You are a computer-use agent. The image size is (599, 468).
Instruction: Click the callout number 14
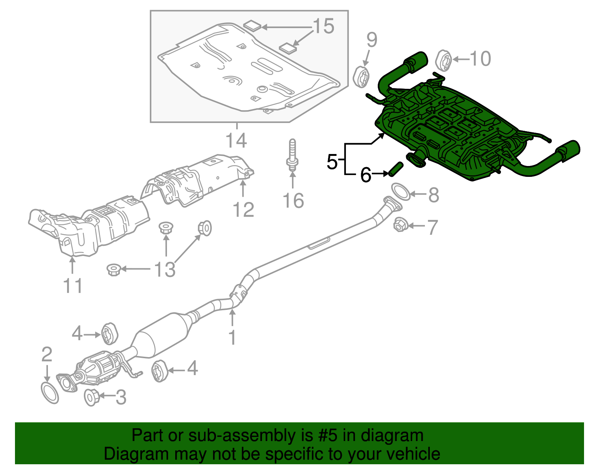[x=236, y=141]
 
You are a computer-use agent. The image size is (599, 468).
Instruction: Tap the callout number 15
[x=323, y=27]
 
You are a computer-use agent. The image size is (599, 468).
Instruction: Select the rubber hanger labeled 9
[x=362, y=77]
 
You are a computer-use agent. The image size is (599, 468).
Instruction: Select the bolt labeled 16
[x=292, y=156]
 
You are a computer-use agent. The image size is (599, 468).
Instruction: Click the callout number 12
[x=243, y=209]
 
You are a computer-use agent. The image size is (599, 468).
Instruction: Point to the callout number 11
[x=73, y=286]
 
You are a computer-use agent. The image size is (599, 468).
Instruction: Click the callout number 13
[x=165, y=269]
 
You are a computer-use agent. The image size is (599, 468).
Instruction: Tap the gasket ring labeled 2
[x=50, y=393]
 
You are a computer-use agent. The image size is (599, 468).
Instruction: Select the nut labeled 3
[x=91, y=397]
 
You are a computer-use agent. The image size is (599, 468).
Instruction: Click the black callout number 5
[x=332, y=162]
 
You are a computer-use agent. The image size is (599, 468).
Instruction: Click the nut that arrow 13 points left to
[x=113, y=269]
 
